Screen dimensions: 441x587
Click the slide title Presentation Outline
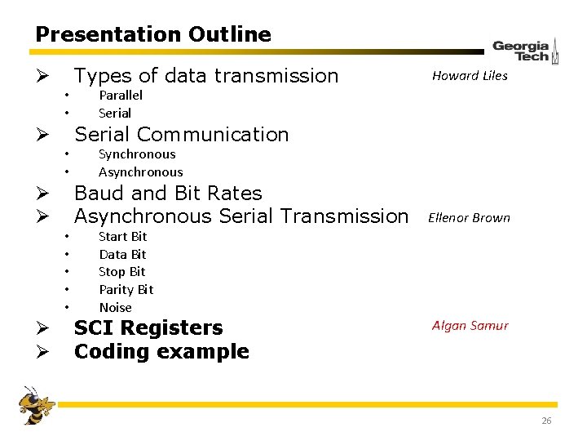[153, 34]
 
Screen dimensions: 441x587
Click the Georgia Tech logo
[525, 51]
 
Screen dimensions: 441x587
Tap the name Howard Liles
[470, 76]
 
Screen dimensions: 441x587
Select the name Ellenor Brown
[469, 218]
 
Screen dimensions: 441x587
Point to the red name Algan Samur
[470, 326]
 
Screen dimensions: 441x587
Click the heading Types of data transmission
[205, 76]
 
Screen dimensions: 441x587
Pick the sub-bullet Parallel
[120, 96]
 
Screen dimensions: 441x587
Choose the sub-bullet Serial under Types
[114, 114]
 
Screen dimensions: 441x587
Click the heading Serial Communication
[181, 135]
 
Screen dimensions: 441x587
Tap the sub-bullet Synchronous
[136, 154]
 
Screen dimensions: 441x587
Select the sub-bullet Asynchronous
[140, 172]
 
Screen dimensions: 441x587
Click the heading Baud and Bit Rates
[168, 194]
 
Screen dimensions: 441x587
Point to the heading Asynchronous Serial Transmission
[241, 216]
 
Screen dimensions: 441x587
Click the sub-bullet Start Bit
[122, 237]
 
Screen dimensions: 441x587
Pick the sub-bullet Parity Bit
[126, 290]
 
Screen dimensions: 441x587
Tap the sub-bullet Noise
[115, 308]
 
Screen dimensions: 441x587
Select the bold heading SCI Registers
[148, 328]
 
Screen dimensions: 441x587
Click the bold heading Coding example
[161, 352]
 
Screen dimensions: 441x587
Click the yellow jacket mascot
[36, 405]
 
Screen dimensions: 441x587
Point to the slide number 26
[545, 421]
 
